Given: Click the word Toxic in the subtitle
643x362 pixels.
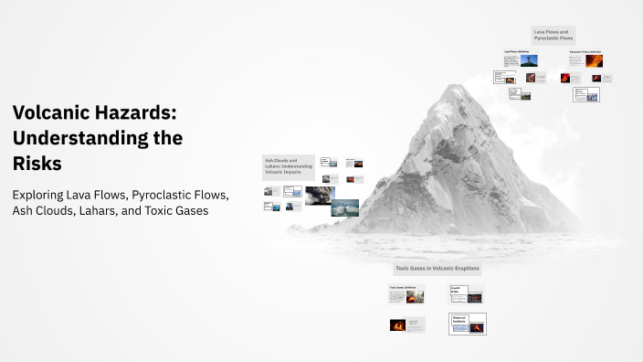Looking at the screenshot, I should click(x=168, y=210).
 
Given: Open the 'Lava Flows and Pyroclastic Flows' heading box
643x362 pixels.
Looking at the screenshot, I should click(x=553, y=36).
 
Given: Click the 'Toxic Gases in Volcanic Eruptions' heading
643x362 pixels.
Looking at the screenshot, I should click(x=437, y=269).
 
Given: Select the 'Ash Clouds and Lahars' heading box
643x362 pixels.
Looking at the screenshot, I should click(x=289, y=165).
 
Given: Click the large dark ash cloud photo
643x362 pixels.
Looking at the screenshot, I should click(x=320, y=195).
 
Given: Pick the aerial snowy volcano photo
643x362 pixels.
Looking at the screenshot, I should click(x=344, y=208).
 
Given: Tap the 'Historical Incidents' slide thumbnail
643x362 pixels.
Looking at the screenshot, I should click(x=467, y=323).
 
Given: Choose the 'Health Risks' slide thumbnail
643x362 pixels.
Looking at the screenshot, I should click(x=466, y=293).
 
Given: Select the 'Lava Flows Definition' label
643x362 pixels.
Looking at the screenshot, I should click(x=516, y=51).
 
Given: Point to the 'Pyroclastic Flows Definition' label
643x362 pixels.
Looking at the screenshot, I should click(x=585, y=51).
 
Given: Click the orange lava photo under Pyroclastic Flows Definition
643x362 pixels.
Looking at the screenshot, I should click(x=594, y=61).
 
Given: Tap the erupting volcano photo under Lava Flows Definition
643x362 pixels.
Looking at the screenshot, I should click(x=529, y=60).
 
